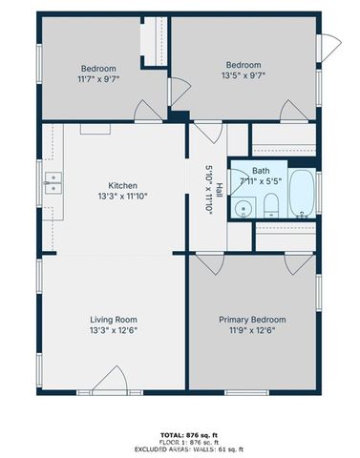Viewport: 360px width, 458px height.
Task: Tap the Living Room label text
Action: tap(114, 320)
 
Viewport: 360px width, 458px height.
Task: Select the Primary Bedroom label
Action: tap(252, 320)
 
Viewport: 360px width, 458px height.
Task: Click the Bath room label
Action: tap(261, 171)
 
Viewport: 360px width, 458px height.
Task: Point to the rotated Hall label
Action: tap(219, 189)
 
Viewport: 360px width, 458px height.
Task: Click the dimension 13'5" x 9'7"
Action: tap(243, 75)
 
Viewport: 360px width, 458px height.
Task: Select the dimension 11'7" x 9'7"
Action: tap(98, 79)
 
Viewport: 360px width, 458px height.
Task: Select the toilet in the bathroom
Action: tap(271, 204)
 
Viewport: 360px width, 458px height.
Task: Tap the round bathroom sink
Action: tap(244, 209)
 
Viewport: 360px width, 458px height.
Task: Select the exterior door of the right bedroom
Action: tap(330, 44)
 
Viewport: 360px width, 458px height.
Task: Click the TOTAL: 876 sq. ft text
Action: tap(180, 433)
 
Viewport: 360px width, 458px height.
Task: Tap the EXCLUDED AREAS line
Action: tap(180, 448)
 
